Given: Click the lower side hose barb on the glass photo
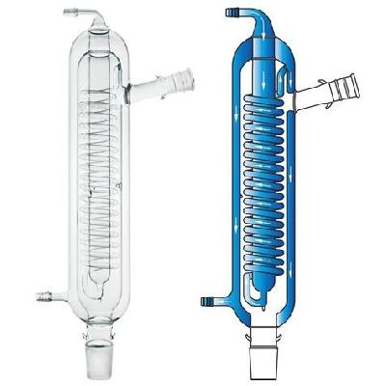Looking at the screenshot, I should pyautogui.click(x=43, y=290).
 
